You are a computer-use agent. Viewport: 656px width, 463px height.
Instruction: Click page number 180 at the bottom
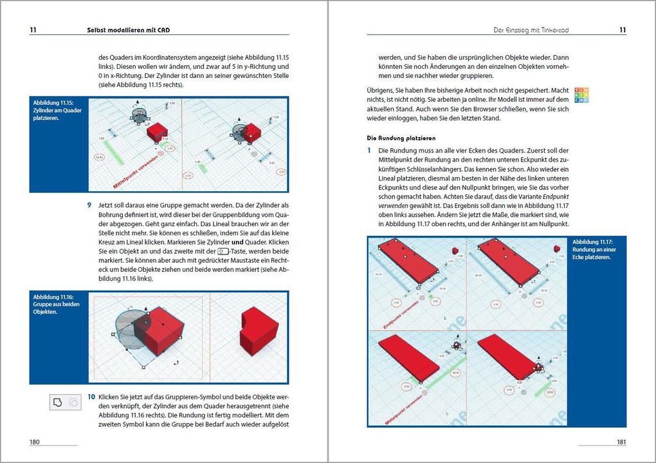[x=35, y=442]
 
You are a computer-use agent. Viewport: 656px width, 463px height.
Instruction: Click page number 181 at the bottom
[x=621, y=442]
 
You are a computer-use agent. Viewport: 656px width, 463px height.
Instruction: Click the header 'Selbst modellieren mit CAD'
[x=128, y=30]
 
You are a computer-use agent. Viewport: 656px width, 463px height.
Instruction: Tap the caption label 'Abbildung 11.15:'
[x=53, y=103]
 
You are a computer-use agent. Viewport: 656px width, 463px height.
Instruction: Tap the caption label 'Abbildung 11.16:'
[x=53, y=297]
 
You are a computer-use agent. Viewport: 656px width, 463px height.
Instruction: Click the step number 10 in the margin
[x=91, y=397]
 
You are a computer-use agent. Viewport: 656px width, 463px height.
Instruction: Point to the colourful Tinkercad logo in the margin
[x=581, y=95]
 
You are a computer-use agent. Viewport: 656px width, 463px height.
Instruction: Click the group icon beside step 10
[x=58, y=402]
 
